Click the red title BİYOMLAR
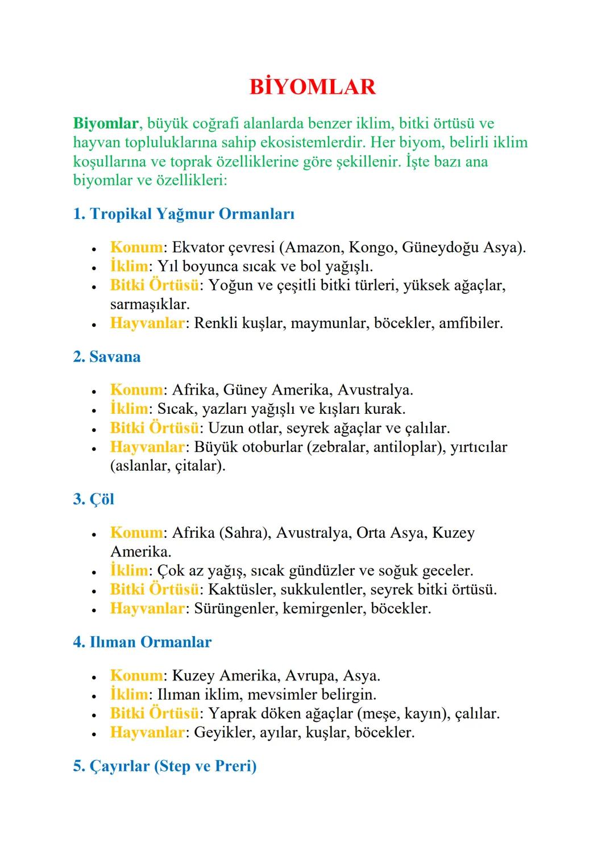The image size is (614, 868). pos(312,87)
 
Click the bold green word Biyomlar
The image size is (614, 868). pos(106,123)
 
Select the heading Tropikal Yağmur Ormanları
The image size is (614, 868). pos(192,214)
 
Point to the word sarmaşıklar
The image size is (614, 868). pos(150,304)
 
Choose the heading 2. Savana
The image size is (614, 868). pos(107,357)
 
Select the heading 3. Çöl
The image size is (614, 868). pos(94,499)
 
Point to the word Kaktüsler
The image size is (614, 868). pos(242,589)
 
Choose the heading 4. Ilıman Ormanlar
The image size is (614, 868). pos(142,642)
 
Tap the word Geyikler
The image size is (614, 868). pos(224,732)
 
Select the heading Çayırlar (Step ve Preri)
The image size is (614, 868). pos(173,766)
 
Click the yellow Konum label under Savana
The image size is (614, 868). pos(136,390)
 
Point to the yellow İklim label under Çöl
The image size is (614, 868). pos(129,570)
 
